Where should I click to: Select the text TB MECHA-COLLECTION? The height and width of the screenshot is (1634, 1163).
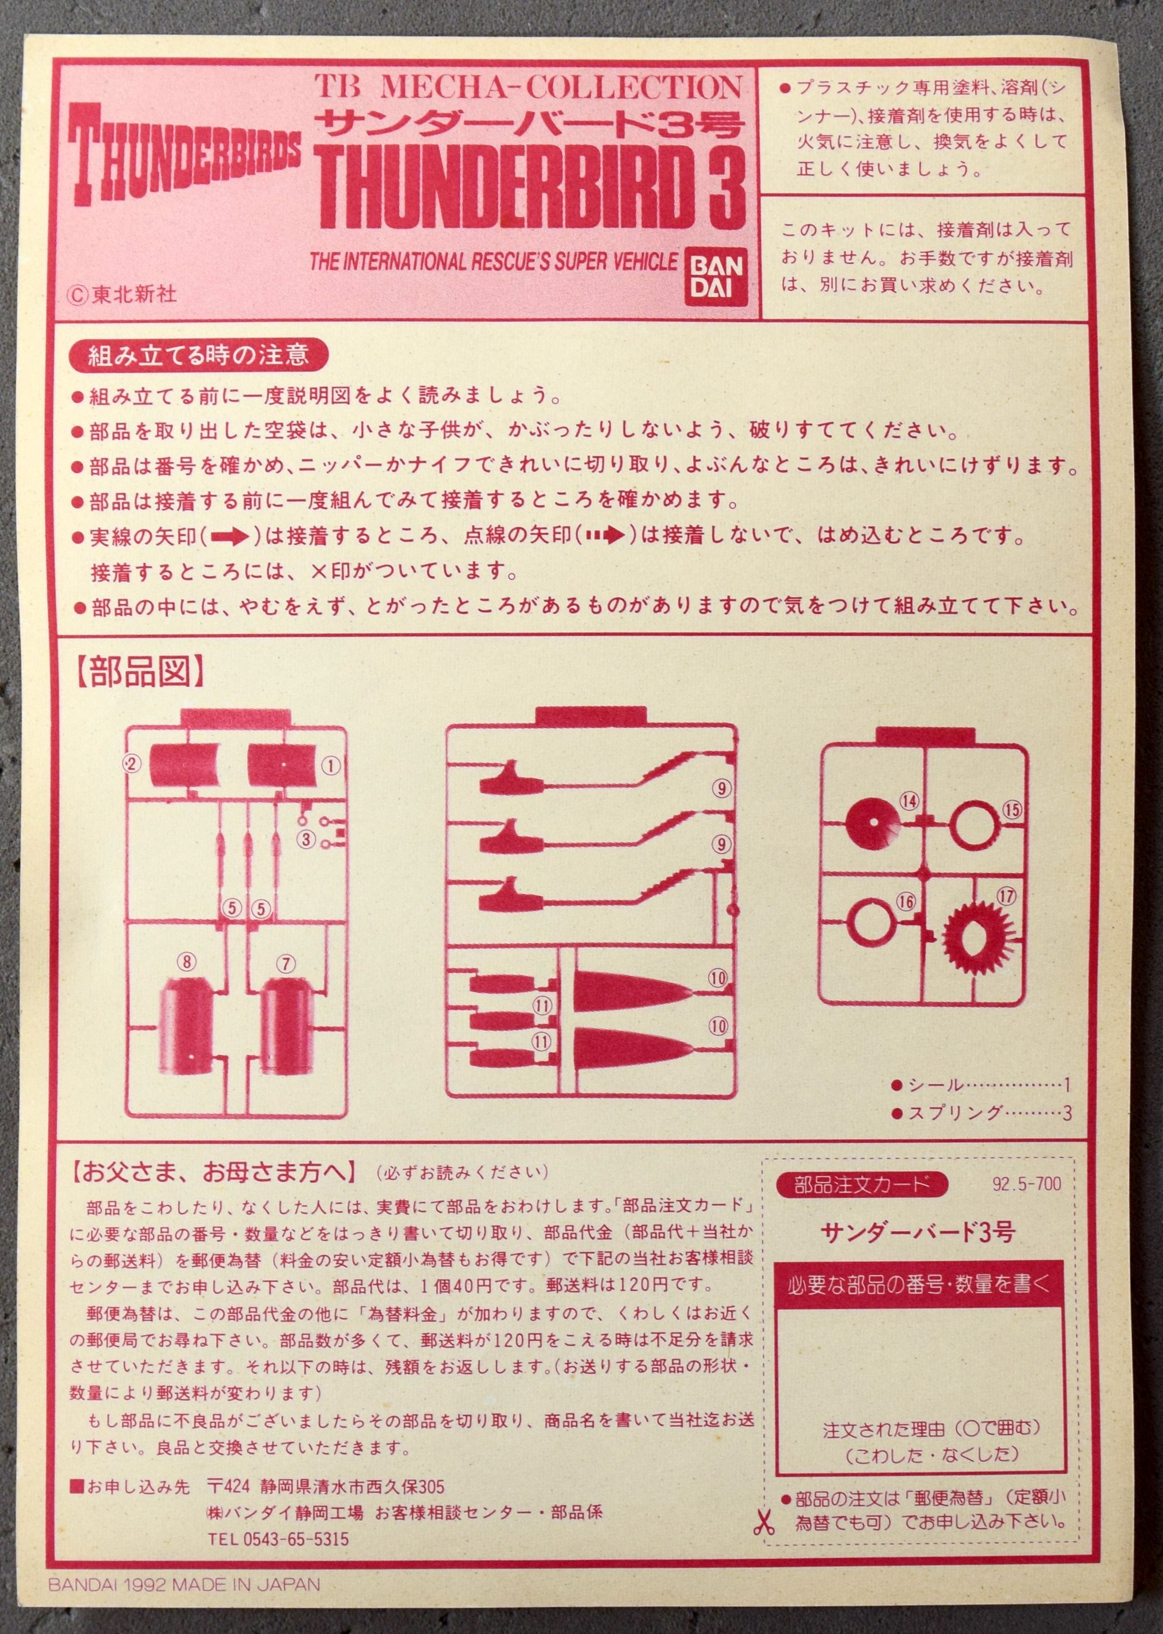529,87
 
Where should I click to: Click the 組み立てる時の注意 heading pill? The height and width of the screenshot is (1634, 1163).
199,355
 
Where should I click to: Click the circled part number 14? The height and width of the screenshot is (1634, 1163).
909,801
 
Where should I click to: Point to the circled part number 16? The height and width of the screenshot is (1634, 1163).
906,901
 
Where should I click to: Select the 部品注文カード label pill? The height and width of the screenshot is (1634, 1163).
861,1184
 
